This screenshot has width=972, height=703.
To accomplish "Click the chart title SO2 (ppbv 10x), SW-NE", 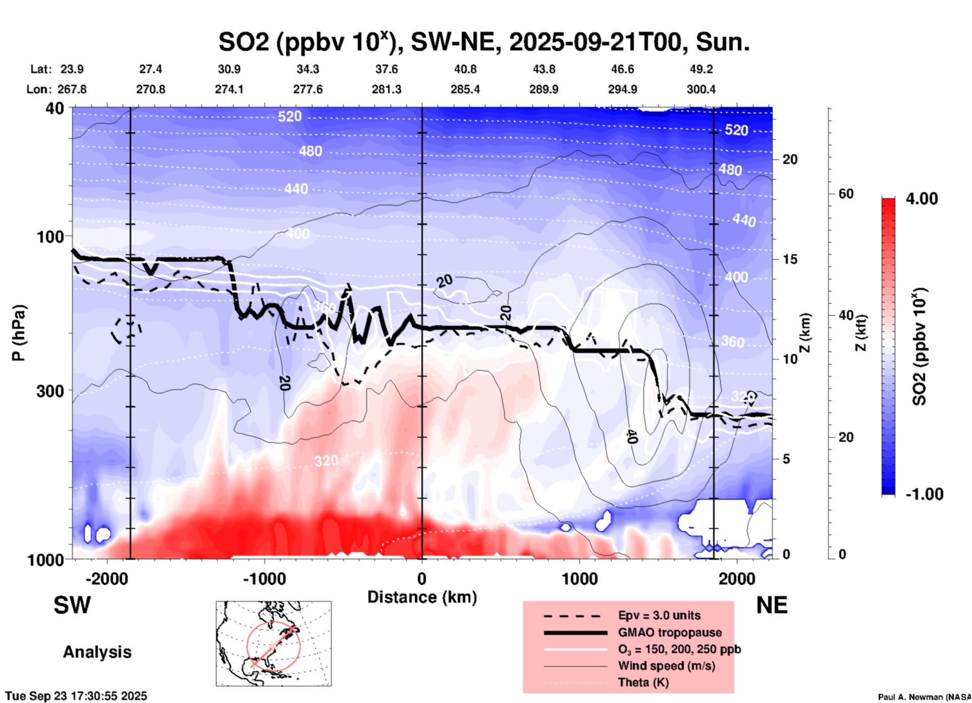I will (x=483, y=42).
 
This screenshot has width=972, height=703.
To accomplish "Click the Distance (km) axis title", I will (x=422, y=597).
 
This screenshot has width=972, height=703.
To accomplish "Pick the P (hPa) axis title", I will (x=19, y=333).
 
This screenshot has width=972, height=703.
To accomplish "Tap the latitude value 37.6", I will (x=387, y=69).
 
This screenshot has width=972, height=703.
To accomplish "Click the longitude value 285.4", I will (x=465, y=90).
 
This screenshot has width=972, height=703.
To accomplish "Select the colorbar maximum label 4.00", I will (x=922, y=199).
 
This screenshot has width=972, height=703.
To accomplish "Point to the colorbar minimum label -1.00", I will (x=924, y=494).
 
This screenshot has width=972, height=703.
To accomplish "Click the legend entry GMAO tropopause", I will (x=670, y=632).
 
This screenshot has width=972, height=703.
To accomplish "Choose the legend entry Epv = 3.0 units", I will (x=659, y=616).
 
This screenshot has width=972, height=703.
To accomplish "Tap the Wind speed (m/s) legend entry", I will (x=666, y=666).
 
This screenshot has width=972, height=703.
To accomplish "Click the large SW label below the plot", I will (x=72, y=605).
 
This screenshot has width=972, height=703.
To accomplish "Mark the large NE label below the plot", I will (x=772, y=605).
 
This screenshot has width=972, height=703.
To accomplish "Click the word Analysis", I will (x=97, y=652).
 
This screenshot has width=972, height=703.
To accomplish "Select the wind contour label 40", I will (x=632, y=436).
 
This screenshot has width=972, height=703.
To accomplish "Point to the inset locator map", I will (x=274, y=643).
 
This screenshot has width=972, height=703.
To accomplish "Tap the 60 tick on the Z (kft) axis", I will (x=846, y=194).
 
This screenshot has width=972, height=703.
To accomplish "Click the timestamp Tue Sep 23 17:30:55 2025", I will (x=76, y=696).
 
